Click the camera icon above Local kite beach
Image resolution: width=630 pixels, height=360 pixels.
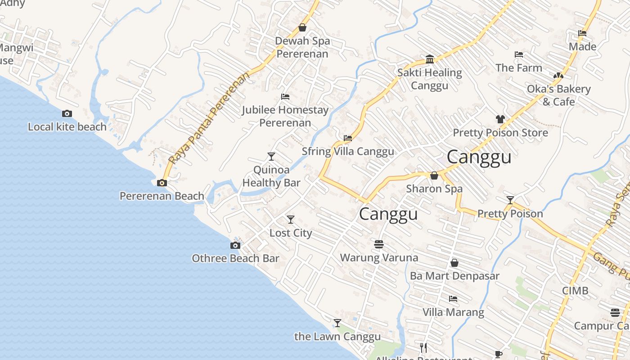pyautogui.click(x=67, y=113)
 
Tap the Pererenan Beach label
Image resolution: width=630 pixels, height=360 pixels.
pyautogui.click(x=162, y=196)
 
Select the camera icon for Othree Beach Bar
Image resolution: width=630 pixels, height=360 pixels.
pyautogui.click(x=235, y=245)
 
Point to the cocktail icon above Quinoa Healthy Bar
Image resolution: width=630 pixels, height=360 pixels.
pyautogui.click(x=271, y=156)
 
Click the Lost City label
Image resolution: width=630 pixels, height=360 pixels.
pyautogui.click(x=291, y=233)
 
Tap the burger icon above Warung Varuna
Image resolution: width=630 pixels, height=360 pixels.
pyautogui.click(x=378, y=244)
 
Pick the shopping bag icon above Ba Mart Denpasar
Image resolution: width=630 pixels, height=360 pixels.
pyautogui.click(x=454, y=262)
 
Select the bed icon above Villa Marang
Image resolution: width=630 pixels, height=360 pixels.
pyautogui.click(x=453, y=298)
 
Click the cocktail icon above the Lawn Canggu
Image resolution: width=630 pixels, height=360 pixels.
pyautogui.click(x=337, y=323)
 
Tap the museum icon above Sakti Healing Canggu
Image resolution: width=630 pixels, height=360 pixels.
pyautogui.click(x=430, y=59)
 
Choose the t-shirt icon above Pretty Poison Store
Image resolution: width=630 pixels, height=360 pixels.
pyautogui.click(x=500, y=119)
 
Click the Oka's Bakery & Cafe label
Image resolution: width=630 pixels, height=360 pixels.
pyautogui.click(x=558, y=95)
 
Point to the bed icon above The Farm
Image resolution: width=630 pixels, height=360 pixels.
pyautogui.click(x=519, y=54)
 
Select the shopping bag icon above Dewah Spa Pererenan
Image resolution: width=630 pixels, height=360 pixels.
pyautogui.click(x=302, y=27)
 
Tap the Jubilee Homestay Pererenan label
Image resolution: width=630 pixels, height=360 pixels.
pyautogui.click(x=285, y=116)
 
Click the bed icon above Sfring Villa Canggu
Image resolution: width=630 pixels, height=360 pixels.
pyautogui.click(x=347, y=138)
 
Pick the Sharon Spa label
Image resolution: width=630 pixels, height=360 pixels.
pyautogui.click(x=434, y=189)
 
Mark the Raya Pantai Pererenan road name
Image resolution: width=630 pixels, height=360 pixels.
pyautogui.click(x=209, y=118)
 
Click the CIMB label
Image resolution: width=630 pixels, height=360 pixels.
pyautogui.click(x=575, y=291)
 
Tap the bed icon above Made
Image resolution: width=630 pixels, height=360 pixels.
pyautogui.click(x=582, y=33)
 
